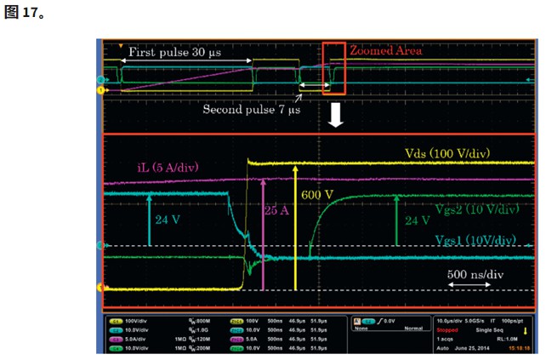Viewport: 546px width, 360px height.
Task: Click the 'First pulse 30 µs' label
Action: (x=175, y=52)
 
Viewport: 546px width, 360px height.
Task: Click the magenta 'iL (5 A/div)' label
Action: (x=167, y=166)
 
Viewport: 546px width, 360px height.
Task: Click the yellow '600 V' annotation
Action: (x=318, y=195)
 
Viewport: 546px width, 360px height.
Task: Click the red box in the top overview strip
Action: (x=333, y=69)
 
